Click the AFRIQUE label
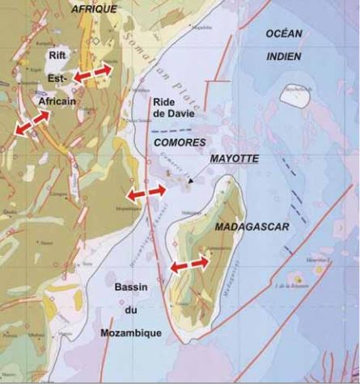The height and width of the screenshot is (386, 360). click(x=94, y=8)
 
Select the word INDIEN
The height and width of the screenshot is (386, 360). click(x=283, y=57)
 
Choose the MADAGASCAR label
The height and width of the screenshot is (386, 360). click(x=257, y=227)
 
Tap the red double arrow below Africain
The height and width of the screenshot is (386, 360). click(x=32, y=122)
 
